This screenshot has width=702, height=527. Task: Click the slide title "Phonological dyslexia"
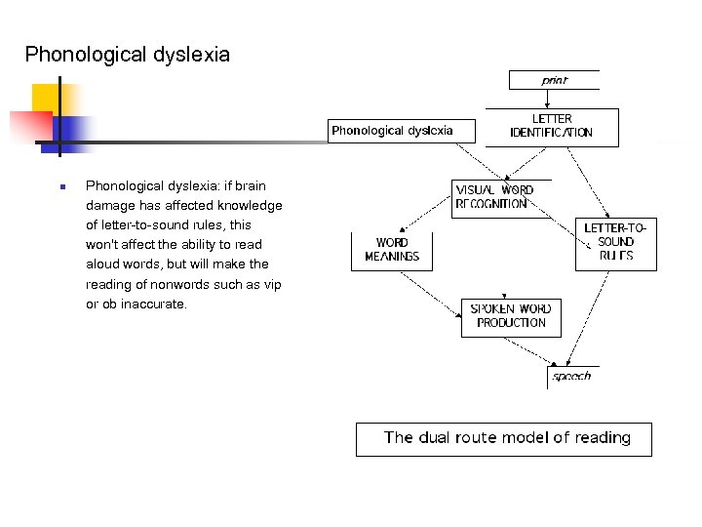coord(128,55)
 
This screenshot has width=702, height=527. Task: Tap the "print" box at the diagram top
coord(554,80)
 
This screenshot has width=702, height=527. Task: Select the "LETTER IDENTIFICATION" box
coord(552,127)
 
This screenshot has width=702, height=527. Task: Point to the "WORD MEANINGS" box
coord(392,250)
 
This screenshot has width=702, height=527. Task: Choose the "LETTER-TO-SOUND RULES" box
coord(615,242)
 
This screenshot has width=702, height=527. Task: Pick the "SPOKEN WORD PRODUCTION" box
coord(512,316)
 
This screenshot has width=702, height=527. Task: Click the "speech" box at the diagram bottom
coord(571,376)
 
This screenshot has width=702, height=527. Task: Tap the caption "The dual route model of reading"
coord(506,438)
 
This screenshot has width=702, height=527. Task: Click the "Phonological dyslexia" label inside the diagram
coord(392,130)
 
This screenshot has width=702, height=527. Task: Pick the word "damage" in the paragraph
coord(110,206)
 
